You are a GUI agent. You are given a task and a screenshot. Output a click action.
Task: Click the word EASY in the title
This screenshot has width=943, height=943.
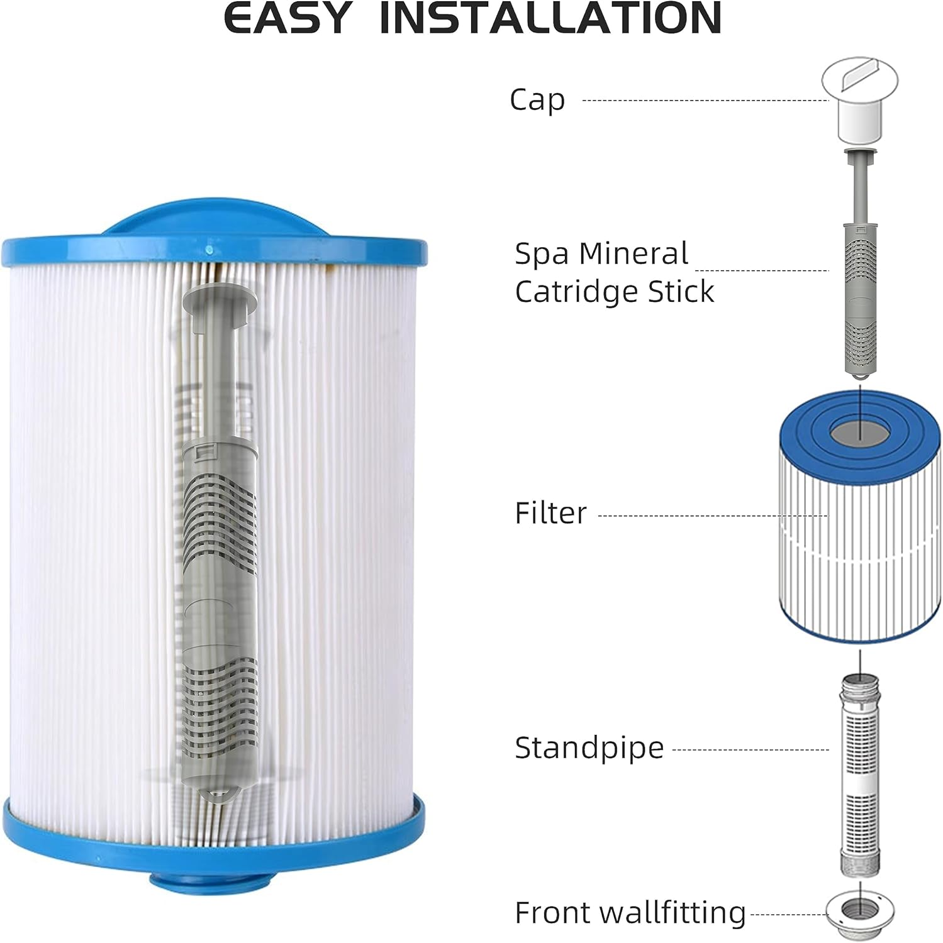287,18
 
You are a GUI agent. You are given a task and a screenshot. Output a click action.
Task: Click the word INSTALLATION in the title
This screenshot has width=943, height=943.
550,18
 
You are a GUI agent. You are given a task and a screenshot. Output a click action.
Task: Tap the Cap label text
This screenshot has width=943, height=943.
537,100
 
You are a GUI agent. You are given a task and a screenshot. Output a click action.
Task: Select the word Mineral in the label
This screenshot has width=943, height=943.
633,254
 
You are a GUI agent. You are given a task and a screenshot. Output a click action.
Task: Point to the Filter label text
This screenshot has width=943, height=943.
550,513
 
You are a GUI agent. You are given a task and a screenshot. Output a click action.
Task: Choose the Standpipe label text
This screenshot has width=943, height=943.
589,748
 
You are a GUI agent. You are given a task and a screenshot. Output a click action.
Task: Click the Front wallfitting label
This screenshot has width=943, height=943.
630,912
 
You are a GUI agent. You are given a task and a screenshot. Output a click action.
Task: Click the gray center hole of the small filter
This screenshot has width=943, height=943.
860,433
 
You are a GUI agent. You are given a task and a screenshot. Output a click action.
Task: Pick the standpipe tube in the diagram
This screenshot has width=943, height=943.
860,775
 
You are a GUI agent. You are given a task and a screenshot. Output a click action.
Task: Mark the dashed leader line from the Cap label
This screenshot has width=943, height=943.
705,100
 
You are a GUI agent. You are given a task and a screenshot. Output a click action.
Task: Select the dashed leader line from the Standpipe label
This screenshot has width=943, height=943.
750,749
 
